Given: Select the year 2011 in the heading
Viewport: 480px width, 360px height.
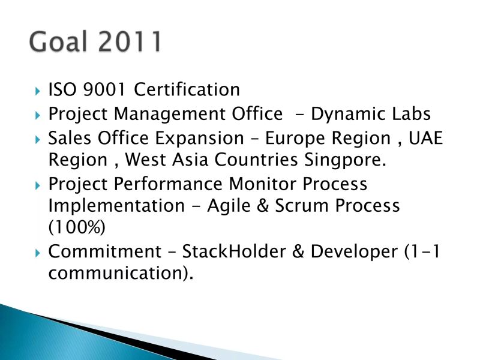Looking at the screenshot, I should tap(130, 43).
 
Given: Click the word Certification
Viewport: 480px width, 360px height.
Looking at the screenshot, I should tap(187, 89).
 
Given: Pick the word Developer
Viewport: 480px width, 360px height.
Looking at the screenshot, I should tap(353, 252).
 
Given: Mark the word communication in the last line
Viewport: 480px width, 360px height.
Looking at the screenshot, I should tap(117, 274).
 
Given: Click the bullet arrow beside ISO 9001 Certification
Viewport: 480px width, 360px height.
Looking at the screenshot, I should tap(37, 91).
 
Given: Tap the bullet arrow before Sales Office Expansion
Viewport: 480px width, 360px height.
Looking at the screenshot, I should tap(37, 139).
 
